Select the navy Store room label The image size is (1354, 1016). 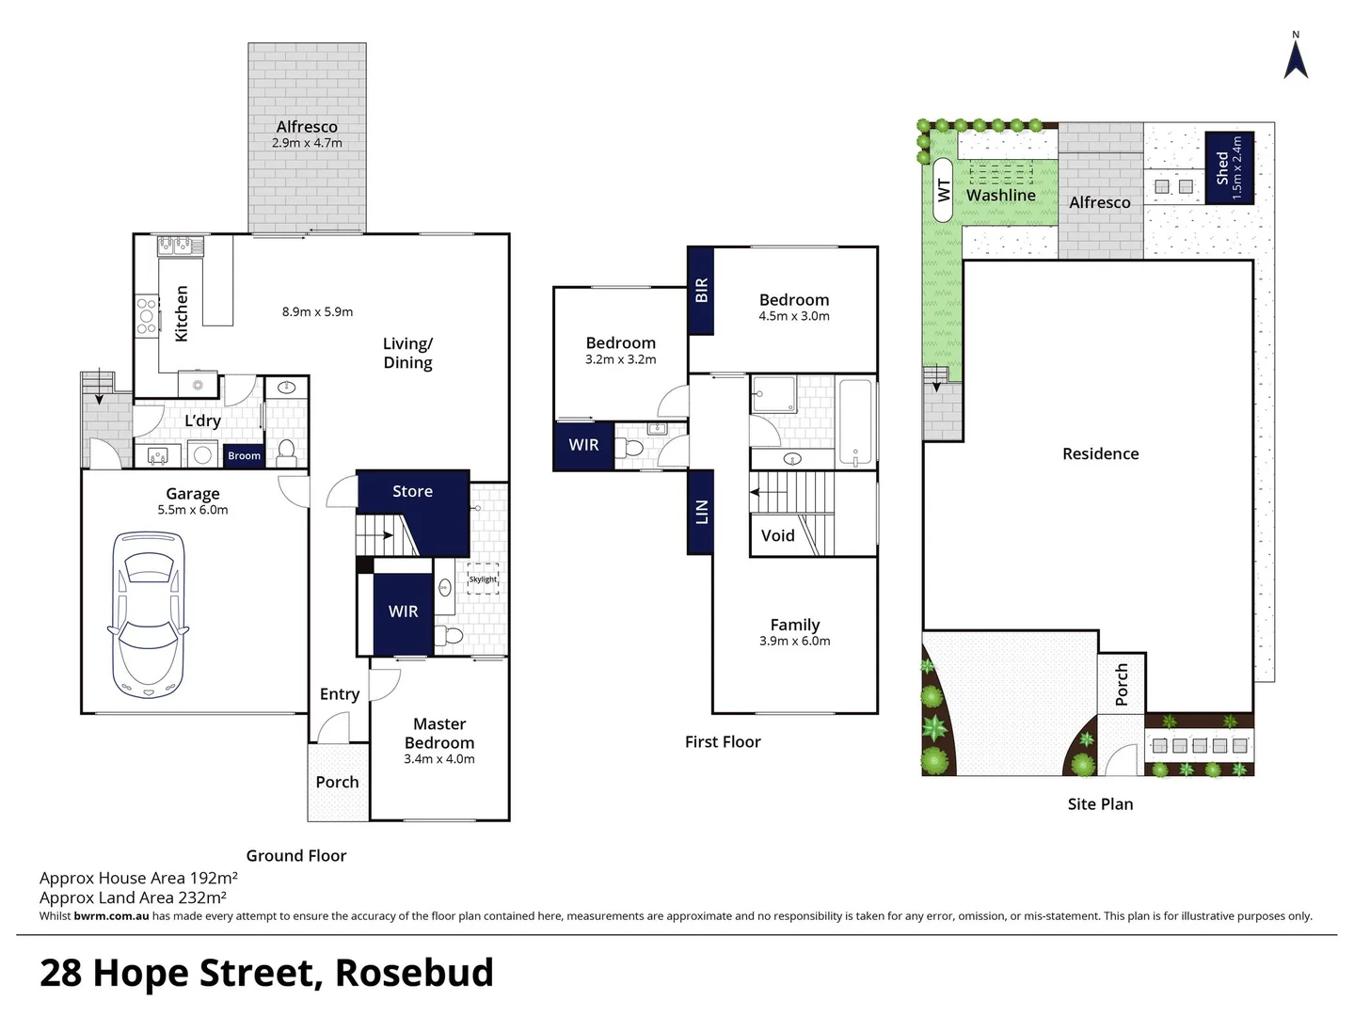pyautogui.click(x=412, y=491)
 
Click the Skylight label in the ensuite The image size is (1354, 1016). pyautogui.click(x=483, y=579)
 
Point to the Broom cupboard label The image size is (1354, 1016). pyautogui.click(x=244, y=456)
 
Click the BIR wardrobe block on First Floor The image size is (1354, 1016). pyautogui.click(x=701, y=291)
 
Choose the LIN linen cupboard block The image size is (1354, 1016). pyautogui.click(x=701, y=512)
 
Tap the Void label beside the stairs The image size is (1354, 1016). pyautogui.click(x=777, y=536)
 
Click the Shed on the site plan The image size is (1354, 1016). pyautogui.click(x=1229, y=167)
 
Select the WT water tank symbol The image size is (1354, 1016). pyautogui.click(x=944, y=191)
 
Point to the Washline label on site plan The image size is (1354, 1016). pyautogui.click(x=1000, y=196)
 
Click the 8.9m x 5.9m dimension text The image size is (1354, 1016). pyautogui.click(x=317, y=311)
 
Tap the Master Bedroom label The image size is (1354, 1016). pyautogui.click(x=439, y=733)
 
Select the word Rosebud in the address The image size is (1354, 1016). pyautogui.click(x=414, y=973)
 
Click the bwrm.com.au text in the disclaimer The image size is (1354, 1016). pyautogui.click(x=111, y=916)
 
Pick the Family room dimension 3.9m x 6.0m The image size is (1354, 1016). pyautogui.click(x=794, y=641)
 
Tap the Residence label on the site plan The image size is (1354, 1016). pyautogui.click(x=1100, y=453)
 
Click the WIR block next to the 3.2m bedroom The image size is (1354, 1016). pyautogui.click(x=583, y=445)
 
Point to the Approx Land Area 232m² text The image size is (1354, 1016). pyautogui.click(x=133, y=897)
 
